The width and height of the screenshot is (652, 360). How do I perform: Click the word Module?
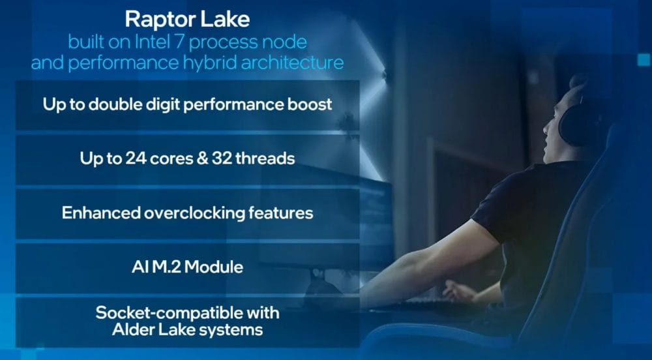point(216,267)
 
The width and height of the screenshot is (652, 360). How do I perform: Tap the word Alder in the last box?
point(133,329)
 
